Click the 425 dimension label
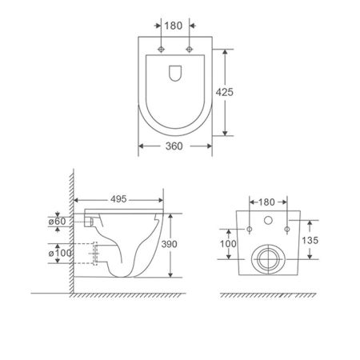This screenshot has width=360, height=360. click(224, 92)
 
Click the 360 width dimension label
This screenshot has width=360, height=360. click(174, 146)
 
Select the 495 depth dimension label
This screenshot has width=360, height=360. click(118, 199)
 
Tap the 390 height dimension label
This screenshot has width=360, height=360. click(169, 244)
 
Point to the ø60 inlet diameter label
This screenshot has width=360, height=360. click(57, 221)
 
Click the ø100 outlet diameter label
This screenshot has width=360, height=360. click(60, 253)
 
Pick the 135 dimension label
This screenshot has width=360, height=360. click(310, 240)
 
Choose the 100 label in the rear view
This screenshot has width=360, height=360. click(228, 244)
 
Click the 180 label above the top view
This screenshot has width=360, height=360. click(174, 26)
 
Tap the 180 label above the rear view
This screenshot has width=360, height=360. click(266, 202)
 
